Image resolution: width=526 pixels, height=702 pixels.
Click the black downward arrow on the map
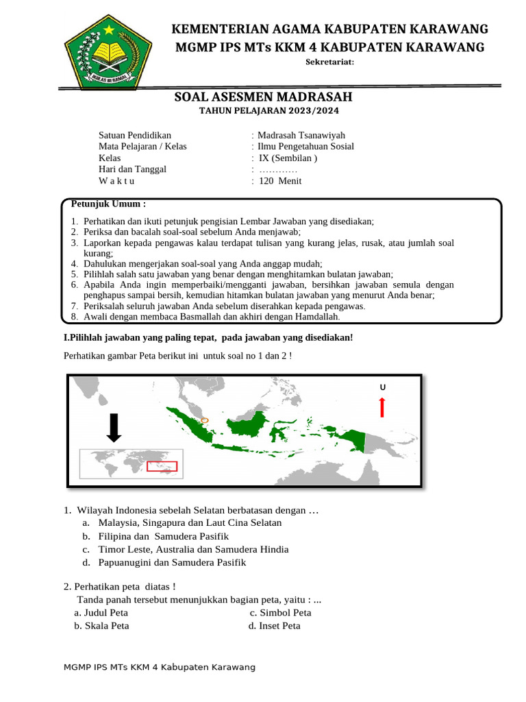click(114, 428)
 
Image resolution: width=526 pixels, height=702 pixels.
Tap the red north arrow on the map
click(381, 407)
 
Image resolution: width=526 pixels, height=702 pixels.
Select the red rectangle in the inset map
click(162, 466)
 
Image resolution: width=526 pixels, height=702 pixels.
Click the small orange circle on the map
click(205, 421)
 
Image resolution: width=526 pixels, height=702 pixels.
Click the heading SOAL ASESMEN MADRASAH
click(264, 97)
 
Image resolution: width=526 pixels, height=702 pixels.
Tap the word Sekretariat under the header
click(329, 62)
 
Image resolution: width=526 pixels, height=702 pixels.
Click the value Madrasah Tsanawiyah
click(301, 135)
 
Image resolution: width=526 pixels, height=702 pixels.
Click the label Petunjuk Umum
click(108, 204)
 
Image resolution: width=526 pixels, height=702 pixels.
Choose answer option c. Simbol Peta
click(280, 612)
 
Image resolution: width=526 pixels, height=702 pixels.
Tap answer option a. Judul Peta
click(101, 612)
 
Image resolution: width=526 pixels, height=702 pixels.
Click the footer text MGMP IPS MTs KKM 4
click(159, 667)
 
